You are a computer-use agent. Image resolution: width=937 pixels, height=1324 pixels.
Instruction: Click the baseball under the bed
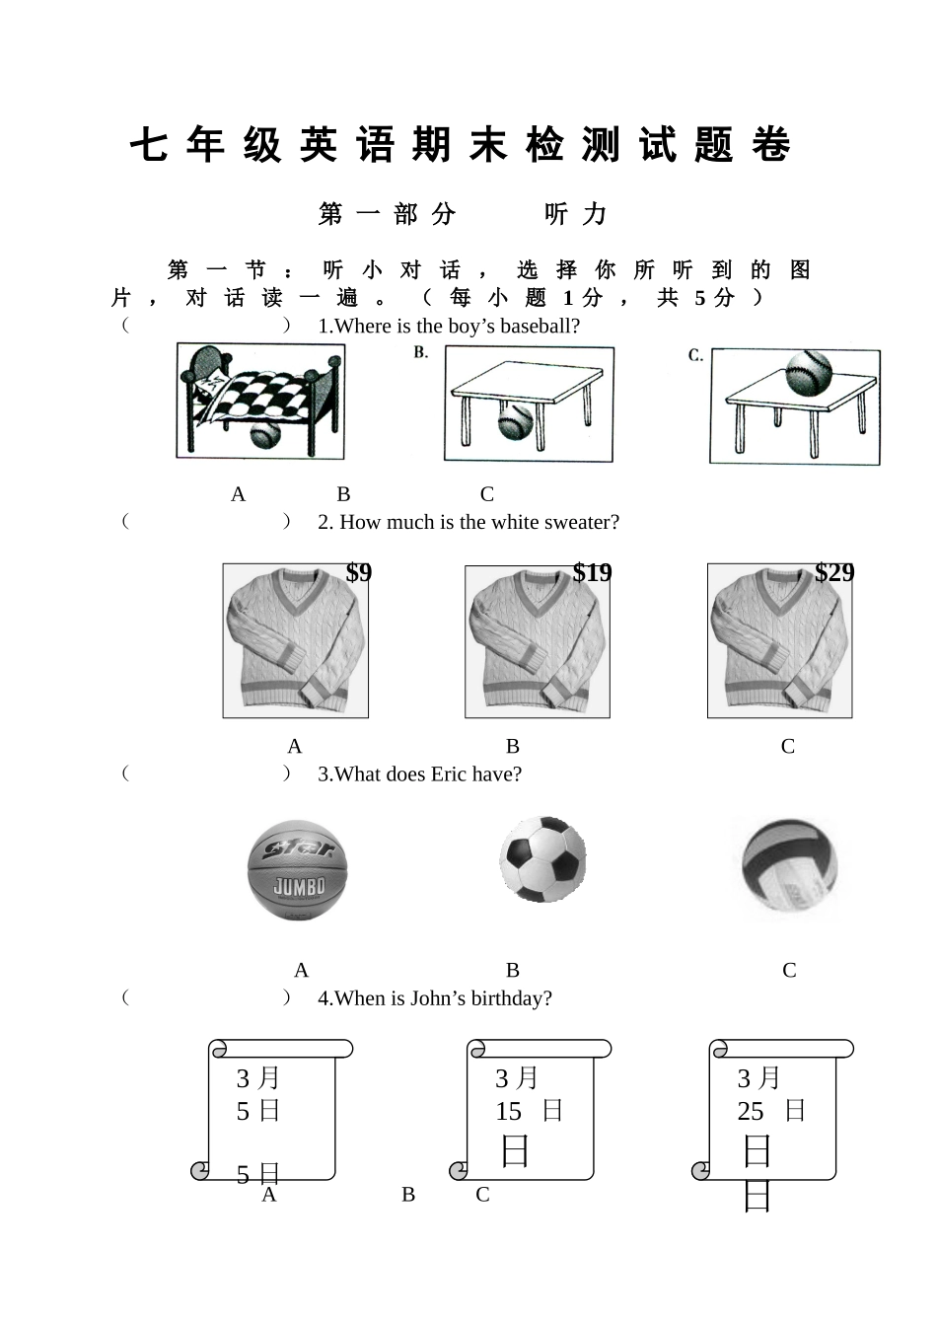click(264, 433)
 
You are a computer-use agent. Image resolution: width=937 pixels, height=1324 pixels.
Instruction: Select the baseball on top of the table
click(808, 372)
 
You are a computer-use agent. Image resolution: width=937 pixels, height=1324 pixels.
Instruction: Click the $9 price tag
click(359, 573)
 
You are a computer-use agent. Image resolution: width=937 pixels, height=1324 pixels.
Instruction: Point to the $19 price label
click(592, 573)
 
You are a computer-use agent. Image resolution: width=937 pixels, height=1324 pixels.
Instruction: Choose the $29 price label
click(834, 573)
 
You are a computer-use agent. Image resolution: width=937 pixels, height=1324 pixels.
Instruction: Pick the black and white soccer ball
click(542, 858)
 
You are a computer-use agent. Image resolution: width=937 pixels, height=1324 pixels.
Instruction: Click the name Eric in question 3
click(448, 774)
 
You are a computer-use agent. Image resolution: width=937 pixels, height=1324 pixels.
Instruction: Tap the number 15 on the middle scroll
click(508, 1112)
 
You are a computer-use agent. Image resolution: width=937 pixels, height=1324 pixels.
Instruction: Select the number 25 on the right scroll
click(751, 1112)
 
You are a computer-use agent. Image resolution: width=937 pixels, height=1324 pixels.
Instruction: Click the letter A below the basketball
click(301, 971)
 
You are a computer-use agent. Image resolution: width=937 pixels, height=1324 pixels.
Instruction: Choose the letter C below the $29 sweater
click(787, 747)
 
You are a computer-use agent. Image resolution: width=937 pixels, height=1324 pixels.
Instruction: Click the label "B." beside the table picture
click(421, 353)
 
